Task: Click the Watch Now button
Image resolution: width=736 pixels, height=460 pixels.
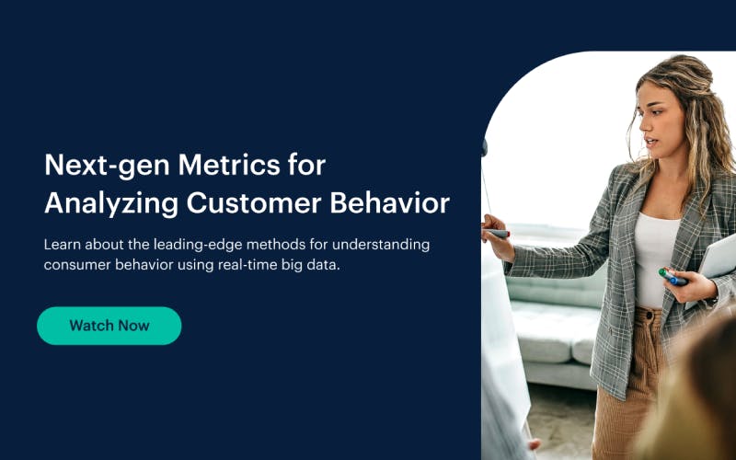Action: [109, 326]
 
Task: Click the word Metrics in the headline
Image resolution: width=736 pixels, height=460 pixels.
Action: [229, 165]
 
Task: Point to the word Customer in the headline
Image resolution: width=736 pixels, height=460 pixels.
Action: [254, 203]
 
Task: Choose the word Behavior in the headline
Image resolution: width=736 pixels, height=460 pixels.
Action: [389, 203]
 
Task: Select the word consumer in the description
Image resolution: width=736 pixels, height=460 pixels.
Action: [77, 265]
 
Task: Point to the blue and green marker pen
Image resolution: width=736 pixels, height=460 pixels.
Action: [673, 277]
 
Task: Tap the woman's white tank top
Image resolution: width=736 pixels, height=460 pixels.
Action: [655, 259]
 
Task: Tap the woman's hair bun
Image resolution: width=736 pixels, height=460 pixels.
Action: [682, 72]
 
